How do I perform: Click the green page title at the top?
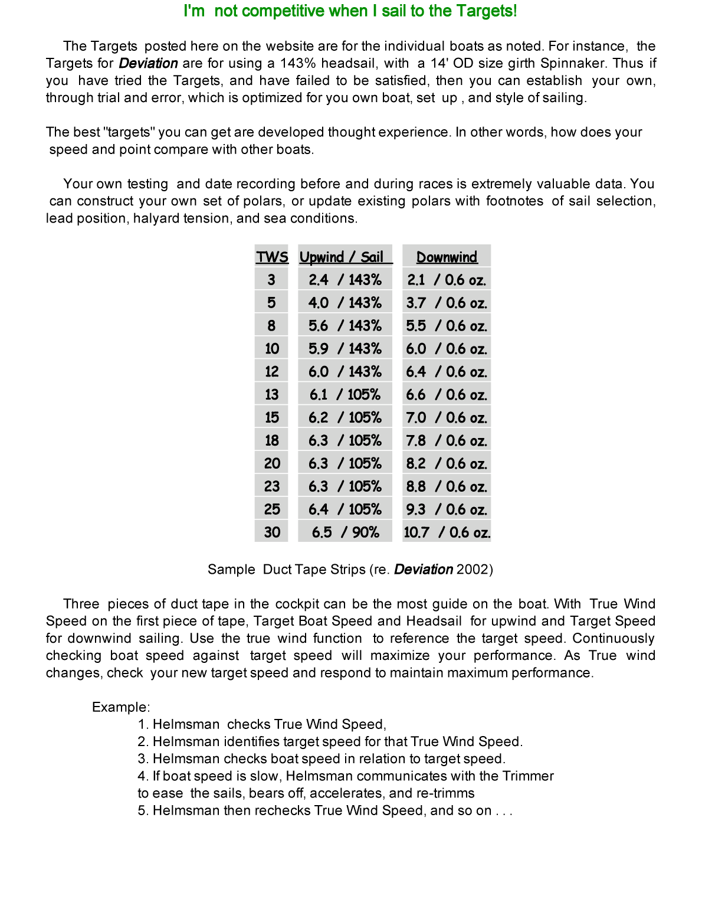coord(350,11)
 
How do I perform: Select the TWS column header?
coord(272,257)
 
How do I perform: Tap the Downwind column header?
coord(447,257)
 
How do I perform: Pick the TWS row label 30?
coord(272,532)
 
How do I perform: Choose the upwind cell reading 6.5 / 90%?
coord(345,532)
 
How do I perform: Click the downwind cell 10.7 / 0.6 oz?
coord(447,532)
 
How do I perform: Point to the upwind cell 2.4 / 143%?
coord(345,280)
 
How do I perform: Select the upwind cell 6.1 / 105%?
coord(345,394)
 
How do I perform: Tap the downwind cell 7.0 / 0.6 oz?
coord(447,418)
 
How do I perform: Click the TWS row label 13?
coord(272,394)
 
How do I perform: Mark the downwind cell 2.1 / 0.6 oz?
coord(447,280)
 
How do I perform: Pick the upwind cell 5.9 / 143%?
coord(345,349)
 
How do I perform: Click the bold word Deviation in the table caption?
coord(424,570)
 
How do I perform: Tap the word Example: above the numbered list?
coord(121,707)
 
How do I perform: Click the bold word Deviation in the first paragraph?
coord(148,63)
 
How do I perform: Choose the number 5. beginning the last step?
coord(143,810)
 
